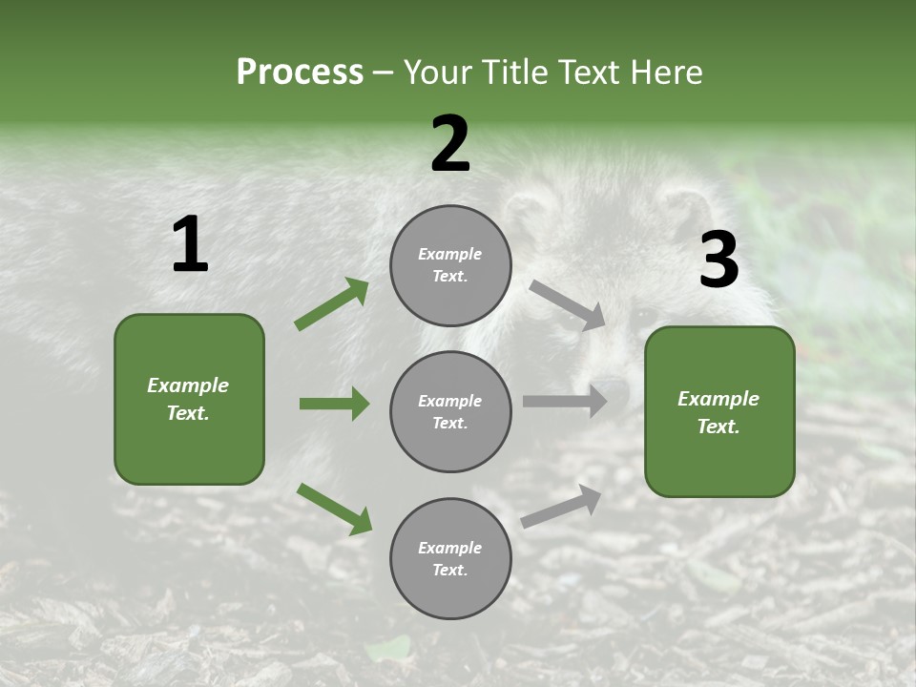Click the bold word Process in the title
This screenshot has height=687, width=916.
coord(300,73)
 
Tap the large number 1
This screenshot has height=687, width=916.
coord(190,245)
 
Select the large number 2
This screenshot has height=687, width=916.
coord(450,144)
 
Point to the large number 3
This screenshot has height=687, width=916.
coord(718,260)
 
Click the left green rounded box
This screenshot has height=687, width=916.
coord(189,399)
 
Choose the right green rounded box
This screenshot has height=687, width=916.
coord(719,412)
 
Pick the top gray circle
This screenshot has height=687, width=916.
coord(450,265)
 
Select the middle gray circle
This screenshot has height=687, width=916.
coord(450,411)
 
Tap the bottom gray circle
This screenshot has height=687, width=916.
coord(450,558)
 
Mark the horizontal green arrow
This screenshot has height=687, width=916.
coord(334,404)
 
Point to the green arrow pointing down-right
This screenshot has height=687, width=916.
coord(334,509)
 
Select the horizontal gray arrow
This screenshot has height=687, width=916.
coord(565,402)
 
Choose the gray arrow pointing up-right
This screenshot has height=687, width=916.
coord(561,506)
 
